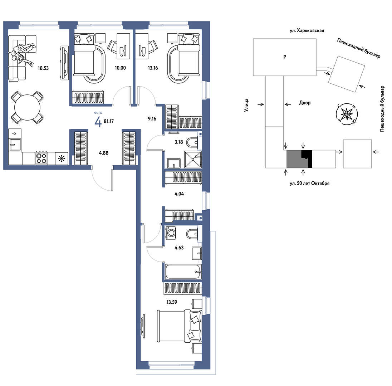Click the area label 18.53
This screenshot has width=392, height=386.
click(x=43, y=68)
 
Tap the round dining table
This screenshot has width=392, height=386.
click(x=27, y=107)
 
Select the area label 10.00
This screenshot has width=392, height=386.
click(x=120, y=68)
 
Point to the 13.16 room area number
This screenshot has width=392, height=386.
click(x=153, y=68)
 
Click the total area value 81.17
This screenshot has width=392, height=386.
click(x=109, y=122)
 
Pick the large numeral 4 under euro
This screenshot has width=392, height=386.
click(x=98, y=122)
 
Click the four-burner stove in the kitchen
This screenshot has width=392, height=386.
click(x=41, y=158)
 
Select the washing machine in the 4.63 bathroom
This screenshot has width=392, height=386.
click(x=171, y=233)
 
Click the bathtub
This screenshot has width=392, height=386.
click(x=183, y=272)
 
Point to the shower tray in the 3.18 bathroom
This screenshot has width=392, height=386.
click(x=193, y=159)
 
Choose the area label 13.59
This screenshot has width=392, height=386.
click(x=172, y=302)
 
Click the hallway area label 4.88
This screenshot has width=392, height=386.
click(x=104, y=153)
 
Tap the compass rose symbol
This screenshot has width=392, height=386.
click(x=347, y=114)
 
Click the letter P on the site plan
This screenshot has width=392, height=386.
click(x=285, y=57)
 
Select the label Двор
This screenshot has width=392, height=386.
click(x=305, y=103)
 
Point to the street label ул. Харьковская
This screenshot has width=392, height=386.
click(x=307, y=31)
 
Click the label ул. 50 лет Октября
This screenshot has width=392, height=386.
click(x=309, y=184)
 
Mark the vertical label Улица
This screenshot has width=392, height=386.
click(x=246, y=105)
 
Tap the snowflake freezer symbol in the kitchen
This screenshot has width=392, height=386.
click(x=62, y=158)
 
